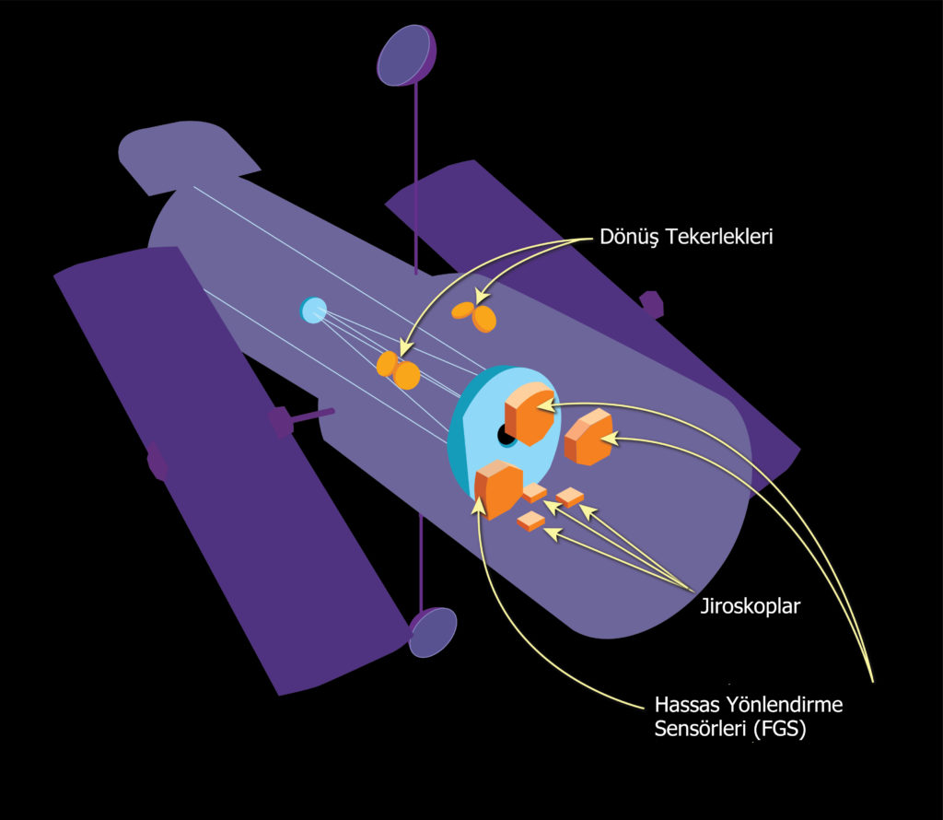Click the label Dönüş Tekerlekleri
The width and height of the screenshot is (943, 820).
tap(686, 237)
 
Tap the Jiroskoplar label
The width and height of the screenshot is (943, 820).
tap(750, 606)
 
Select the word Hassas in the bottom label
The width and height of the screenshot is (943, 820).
tap(685, 704)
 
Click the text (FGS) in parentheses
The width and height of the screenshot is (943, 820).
tap(779, 729)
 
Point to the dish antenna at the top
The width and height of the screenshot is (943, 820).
tap(406, 55)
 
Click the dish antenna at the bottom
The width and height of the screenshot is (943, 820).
tap(433, 632)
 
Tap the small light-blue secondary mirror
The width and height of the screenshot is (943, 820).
tap(313, 310)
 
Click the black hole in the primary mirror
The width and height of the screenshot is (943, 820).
tap(505, 434)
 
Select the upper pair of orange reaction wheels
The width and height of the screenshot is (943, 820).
tap(474, 315)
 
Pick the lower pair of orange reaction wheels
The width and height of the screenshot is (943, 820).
tap(398, 370)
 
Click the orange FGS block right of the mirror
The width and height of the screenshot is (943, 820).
tap(588, 437)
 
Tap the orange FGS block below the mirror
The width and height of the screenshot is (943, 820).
tap(498, 489)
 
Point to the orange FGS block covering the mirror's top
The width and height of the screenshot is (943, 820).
tap(530, 414)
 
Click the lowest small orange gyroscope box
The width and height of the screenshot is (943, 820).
tap(531, 521)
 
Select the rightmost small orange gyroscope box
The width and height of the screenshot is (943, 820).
tap(569, 497)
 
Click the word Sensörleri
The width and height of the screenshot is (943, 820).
tap(701, 729)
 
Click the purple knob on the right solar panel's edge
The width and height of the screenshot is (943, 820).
tap(651, 304)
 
